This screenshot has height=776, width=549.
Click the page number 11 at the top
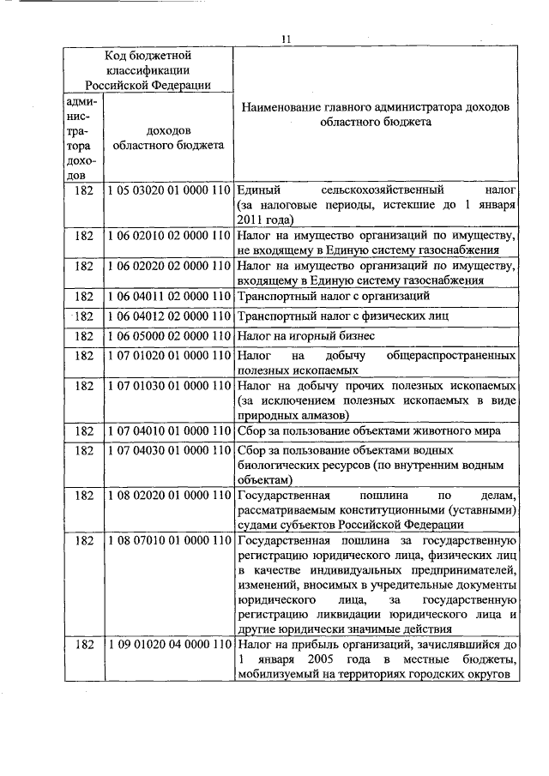287,38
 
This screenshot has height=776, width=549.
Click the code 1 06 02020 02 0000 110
170,266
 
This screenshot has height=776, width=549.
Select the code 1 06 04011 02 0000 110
170,297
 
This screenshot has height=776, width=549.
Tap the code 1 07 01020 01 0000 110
170,354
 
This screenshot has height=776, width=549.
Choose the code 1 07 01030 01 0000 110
170,386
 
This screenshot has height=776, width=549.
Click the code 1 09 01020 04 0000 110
170,643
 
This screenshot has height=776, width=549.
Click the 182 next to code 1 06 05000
84,335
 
